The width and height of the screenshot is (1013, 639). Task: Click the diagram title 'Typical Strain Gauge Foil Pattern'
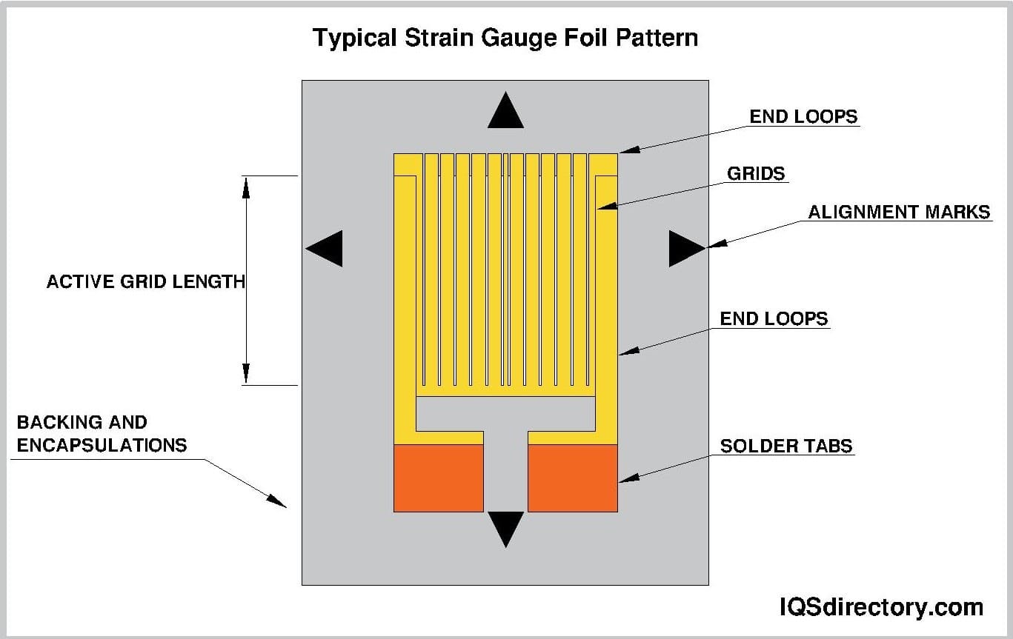tap(505, 37)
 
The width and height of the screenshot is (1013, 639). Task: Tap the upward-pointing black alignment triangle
tap(505, 112)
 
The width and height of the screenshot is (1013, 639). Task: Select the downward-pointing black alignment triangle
tap(505, 527)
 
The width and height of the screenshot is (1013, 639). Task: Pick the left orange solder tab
tap(438, 478)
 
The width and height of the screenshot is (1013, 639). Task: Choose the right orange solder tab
tap(572, 478)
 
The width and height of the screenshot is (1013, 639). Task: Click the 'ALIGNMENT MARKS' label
tap(899, 212)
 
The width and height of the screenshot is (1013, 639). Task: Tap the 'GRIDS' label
tap(755, 173)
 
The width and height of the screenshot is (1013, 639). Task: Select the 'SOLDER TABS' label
tap(786, 446)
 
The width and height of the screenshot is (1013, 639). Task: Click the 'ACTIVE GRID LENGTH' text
tap(145, 281)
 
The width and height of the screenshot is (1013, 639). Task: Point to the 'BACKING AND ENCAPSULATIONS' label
tap(102, 434)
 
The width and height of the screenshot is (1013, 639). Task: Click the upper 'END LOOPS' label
tap(803, 116)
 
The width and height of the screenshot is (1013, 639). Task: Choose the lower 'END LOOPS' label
tap(774, 318)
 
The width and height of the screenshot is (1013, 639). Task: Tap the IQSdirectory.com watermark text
tap(881, 608)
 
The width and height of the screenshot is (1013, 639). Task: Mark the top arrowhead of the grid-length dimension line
tap(246, 186)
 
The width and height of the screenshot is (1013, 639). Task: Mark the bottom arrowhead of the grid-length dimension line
tap(246, 375)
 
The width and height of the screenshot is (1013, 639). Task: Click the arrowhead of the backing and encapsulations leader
tap(277, 501)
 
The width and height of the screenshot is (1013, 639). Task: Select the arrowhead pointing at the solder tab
tap(627, 479)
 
